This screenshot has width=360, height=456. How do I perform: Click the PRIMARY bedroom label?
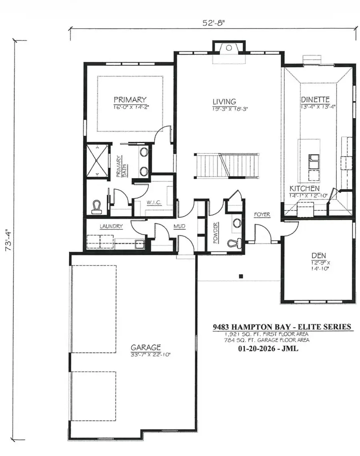(x=130, y=100)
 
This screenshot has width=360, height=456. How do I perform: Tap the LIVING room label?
(x=224, y=102)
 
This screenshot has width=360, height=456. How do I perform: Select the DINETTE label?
(x=315, y=99)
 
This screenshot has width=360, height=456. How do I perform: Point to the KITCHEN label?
(x=305, y=188)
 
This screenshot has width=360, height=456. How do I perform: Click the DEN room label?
(x=319, y=255)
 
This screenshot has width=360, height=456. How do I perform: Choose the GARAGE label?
(x=146, y=347)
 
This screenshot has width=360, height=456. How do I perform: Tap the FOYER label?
(x=262, y=215)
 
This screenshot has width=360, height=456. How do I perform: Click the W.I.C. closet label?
(x=154, y=203)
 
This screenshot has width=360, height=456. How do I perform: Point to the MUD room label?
(x=179, y=227)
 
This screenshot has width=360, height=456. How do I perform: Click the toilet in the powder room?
(x=234, y=243)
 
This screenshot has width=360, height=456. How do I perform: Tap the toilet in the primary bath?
(x=96, y=207)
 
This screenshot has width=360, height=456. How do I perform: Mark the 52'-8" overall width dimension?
(x=213, y=22)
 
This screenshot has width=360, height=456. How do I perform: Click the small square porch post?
(x=241, y=276)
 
